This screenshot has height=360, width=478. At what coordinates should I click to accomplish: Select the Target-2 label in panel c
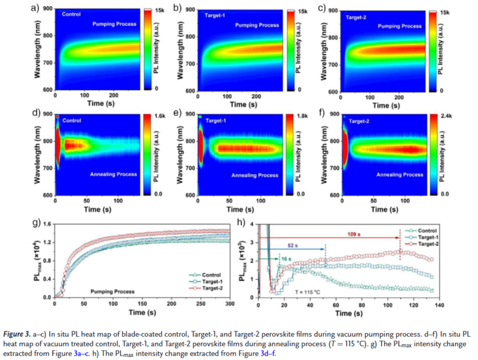(357, 17)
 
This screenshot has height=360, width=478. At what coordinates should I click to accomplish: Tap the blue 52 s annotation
(292, 245)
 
